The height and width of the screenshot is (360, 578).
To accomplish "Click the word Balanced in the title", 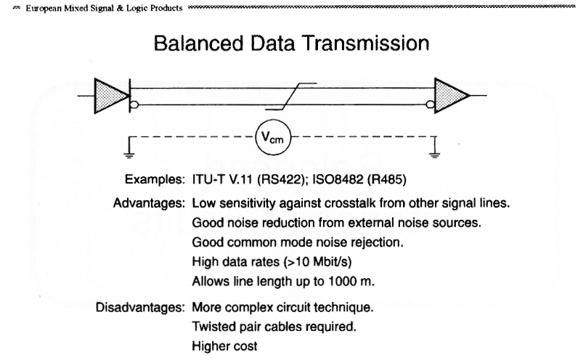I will pyautogui.click(x=195, y=44).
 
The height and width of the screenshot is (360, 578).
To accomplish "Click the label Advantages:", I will pyautogui.click(x=150, y=202).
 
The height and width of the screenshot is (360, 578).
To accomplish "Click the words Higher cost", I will pyautogui.click(x=225, y=347).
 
